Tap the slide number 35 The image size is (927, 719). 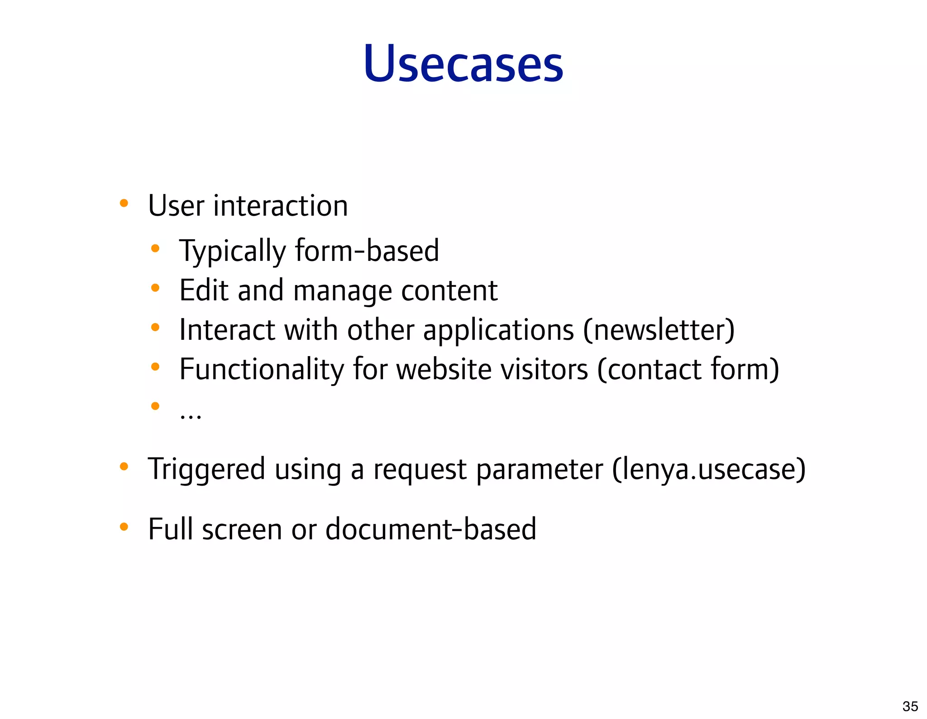(910, 706)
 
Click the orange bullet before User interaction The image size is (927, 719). (124, 203)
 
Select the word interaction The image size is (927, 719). (281, 206)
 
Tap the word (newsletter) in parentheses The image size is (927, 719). (659, 330)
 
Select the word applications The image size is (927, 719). (498, 331)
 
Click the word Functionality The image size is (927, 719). (261, 369)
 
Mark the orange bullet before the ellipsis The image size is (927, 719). (155, 406)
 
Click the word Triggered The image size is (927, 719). (206, 470)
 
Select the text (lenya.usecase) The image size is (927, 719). (709, 470)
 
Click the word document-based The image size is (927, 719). (430, 529)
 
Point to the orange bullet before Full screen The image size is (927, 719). (124, 527)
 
